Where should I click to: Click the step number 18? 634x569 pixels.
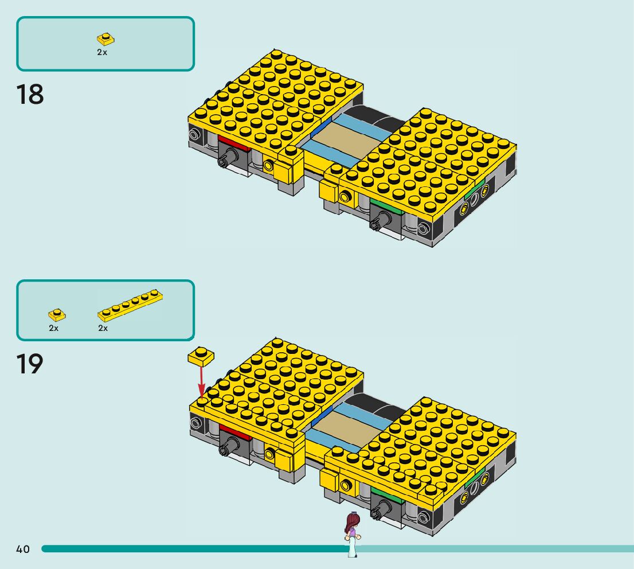(30, 95)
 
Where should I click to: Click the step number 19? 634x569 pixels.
(30, 364)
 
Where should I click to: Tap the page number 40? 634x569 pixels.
(22, 549)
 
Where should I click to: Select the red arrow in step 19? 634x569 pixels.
(201, 379)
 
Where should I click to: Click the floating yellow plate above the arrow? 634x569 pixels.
(201, 356)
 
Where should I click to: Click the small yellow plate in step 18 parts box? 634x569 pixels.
(105, 39)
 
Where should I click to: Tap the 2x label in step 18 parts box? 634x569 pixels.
(102, 52)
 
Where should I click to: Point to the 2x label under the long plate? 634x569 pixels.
(103, 329)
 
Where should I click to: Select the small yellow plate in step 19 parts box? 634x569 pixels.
(56, 314)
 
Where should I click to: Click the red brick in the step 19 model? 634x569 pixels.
(234, 431)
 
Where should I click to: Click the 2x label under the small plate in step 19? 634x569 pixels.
(54, 329)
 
